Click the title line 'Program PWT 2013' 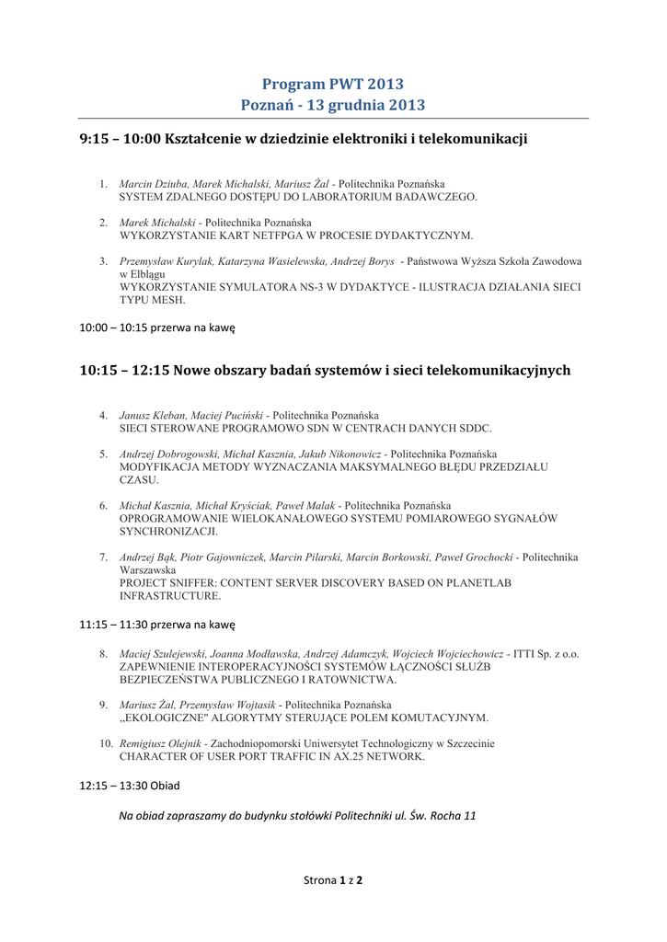point(333,85)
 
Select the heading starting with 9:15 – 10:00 point(304,139)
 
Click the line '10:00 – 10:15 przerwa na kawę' point(157,326)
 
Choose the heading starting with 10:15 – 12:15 point(325,370)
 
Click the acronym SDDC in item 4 point(475,429)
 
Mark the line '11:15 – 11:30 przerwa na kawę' point(157,624)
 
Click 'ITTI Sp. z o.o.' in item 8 point(546,654)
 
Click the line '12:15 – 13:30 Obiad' point(130,786)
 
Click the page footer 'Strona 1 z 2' point(333,880)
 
